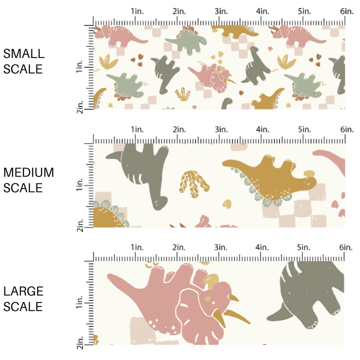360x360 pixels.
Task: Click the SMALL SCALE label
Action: pos(24,61)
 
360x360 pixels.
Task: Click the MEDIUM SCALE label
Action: pos(28,180)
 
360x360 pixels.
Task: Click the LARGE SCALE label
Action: pos(23,299)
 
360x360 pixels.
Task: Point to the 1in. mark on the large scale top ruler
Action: pos(136,247)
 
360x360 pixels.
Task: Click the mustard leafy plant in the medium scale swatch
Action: pos(192,183)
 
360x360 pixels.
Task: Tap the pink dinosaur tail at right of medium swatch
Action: pos(330,160)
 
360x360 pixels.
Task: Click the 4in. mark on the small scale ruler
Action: pos(262,11)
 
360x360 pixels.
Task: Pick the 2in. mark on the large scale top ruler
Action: pos(178,247)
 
